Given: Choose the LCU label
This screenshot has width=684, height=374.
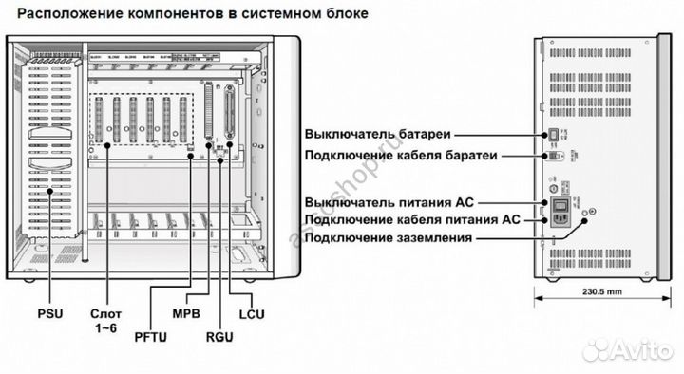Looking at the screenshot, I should (x=252, y=312).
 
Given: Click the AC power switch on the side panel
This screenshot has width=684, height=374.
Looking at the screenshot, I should (x=561, y=201).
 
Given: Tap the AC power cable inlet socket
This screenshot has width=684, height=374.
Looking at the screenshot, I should (x=561, y=220).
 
